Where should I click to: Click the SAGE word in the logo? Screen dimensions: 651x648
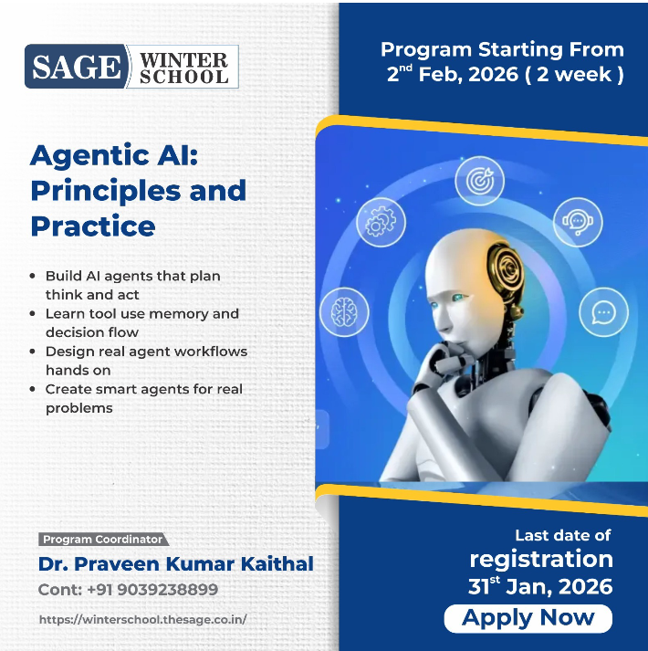tap(76, 67)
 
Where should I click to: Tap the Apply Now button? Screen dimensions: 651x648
tap(528, 618)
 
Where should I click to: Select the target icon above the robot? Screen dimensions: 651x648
tap(479, 181)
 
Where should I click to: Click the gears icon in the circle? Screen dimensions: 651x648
tap(381, 222)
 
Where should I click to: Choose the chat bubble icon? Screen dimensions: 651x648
tap(602, 313)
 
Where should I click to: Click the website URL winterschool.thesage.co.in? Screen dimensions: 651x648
tap(142, 619)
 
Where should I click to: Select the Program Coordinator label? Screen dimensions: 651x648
tap(102, 540)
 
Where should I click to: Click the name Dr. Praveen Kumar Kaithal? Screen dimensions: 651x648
tap(175, 564)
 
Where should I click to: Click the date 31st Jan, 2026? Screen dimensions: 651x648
tap(540, 586)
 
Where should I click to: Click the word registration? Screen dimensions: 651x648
tap(541, 559)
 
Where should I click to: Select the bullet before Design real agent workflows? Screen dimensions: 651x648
tap(34, 352)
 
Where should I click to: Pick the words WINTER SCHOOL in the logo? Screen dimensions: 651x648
tap(184, 68)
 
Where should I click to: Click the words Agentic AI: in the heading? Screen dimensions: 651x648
tap(114, 155)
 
